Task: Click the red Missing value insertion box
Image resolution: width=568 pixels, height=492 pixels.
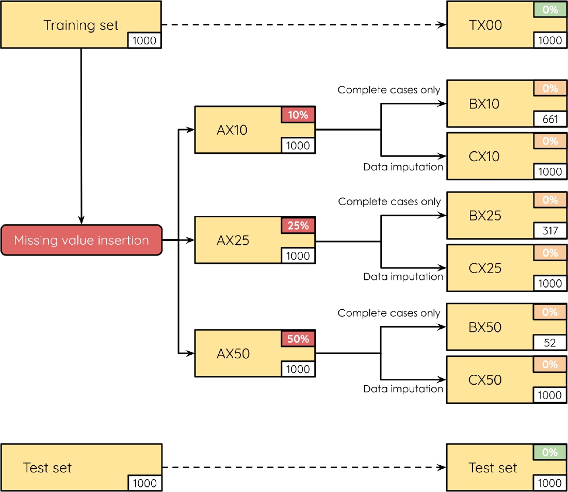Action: tap(82, 240)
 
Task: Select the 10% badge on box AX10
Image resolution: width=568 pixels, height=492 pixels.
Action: tap(298, 115)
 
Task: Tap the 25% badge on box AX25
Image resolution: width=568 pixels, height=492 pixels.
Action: tap(298, 226)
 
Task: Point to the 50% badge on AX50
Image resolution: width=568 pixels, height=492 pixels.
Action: tap(298, 339)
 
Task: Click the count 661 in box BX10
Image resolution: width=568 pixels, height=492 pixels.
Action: tap(550, 119)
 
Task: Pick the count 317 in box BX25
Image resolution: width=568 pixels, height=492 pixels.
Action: tap(550, 231)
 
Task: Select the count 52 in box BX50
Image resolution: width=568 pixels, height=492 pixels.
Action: tap(550, 343)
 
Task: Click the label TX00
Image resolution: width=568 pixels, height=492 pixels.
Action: tap(485, 25)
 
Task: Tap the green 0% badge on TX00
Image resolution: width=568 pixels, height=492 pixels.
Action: tap(550, 9)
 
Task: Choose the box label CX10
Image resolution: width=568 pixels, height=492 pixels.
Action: tap(484, 156)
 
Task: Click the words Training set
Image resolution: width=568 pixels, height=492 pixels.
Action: tap(81, 25)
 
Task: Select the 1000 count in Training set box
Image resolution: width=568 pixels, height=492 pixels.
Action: tap(144, 40)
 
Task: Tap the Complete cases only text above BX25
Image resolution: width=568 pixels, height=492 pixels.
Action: tap(390, 201)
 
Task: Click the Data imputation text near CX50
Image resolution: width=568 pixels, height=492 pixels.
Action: tap(403, 389)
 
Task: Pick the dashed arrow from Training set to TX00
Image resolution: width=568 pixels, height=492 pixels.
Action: tap(304, 25)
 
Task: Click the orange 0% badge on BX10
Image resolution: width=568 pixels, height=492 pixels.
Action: tap(550, 88)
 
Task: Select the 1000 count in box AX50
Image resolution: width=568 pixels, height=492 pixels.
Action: tap(298, 369)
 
